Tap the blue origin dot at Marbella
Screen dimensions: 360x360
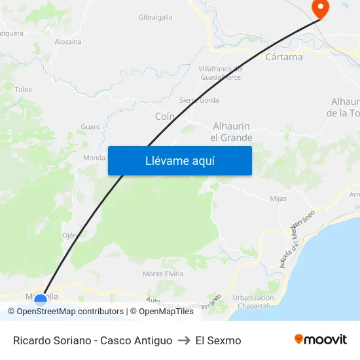[41, 300]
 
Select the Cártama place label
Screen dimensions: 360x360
[284, 57]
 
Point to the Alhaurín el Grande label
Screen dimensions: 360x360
[231, 132]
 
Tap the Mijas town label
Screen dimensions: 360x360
[278, 198]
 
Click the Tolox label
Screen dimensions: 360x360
[23, 89]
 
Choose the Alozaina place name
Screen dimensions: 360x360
[68, 41]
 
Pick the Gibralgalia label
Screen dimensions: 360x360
[156, 17]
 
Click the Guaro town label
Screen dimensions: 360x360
[90, 126]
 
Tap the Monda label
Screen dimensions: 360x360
[94, 158]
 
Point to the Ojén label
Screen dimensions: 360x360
[70, 236]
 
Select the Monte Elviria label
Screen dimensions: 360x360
[162, 274]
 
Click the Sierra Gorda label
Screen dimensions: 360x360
[199, 100]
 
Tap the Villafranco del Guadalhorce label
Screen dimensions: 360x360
[220, 73]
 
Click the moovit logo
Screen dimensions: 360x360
[321, 340]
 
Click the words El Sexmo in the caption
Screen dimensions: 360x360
[218, 340]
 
